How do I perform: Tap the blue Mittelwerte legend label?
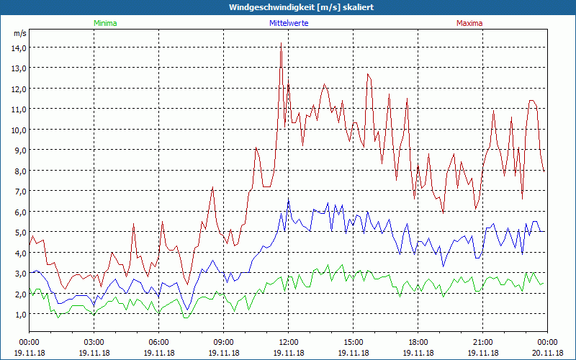tap(289, 23)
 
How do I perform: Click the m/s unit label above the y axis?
tap(19, 33)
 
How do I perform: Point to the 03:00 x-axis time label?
tap(94, 342)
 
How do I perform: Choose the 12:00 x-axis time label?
tap(289, 342)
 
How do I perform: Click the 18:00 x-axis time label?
tap(418, 342)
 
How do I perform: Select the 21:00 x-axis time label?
tap(483, 342)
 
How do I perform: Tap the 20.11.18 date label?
tap(548, 353)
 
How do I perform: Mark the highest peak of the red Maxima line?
tap(281, 43)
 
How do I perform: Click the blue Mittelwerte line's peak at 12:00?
tap(289, 199)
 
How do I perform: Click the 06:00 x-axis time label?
tap(159, 342)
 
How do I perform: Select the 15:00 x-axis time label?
tap(354, 342)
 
